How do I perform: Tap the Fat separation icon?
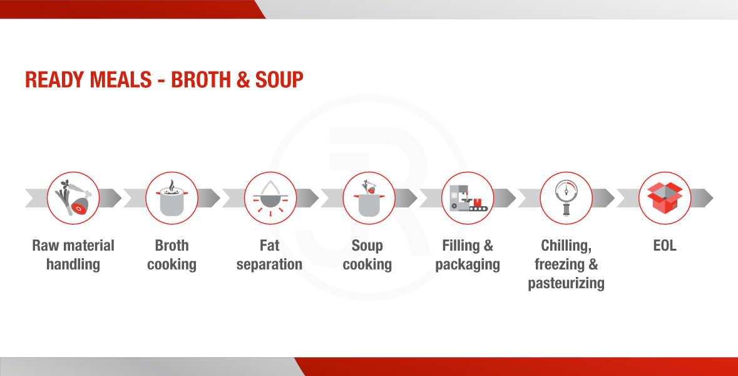(270, 199)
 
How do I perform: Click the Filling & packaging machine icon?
(468, 198)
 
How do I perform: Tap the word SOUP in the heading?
(279, 80)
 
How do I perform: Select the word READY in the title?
(54, 80)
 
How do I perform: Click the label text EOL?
(665, 246)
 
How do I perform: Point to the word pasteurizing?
(566, 284)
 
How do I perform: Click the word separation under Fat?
(269, 265)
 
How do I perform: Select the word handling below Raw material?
(73, 264)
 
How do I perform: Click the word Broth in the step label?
(172, 246)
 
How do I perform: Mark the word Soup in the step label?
(367, 246)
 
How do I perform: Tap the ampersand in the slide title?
(243, 80)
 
